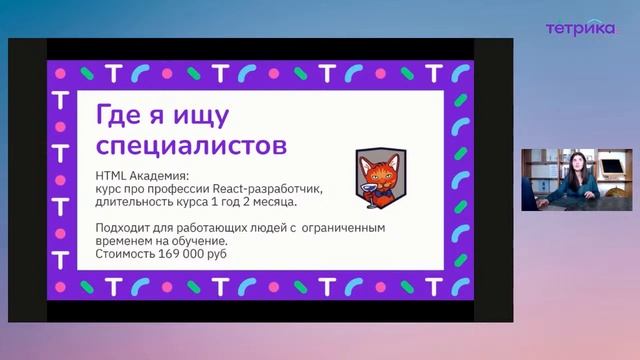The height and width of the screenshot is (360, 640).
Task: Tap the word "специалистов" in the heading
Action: tap(190, 146)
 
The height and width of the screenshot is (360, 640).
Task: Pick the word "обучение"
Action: tap(197, 241)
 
